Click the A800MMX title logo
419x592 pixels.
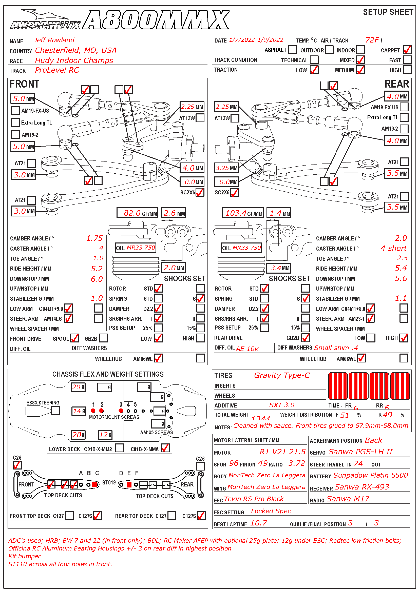pos(156,19)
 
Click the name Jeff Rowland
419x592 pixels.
pos(54,40)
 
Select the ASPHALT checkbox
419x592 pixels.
pos(292,50)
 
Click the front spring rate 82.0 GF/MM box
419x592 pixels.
pos(137,213)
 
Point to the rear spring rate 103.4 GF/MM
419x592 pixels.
pos(243,213)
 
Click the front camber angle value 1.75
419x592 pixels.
pos(94,238)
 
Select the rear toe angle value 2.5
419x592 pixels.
pos(402,258)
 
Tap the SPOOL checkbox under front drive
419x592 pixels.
pos(74,338)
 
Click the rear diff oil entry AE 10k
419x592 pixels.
pos(247,349)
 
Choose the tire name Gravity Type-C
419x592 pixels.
pos(282,375)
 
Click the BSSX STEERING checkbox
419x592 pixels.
pos(55,411)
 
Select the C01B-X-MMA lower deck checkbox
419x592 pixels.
pos(166,448)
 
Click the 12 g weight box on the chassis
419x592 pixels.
pos(105,435)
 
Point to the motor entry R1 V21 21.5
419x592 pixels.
pos(282,452)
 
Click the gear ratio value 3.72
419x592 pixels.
pos(296,463)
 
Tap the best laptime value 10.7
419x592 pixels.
pos(259,523)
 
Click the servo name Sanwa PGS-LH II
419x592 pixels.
pos(360,452)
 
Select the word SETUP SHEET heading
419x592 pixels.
pos(388,12)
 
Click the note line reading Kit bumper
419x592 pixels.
pos(25,556)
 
